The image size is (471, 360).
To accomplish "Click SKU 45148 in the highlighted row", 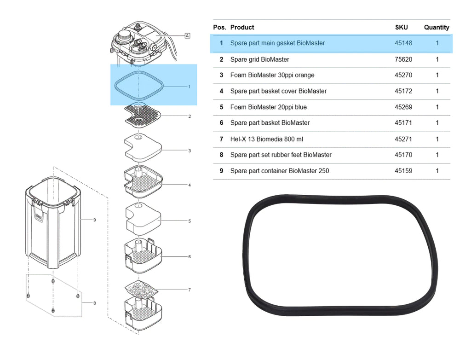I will (x=403, y=43).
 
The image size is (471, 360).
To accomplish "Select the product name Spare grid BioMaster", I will (x=259, y=59).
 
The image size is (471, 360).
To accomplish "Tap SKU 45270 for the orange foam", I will (x=403, y=75).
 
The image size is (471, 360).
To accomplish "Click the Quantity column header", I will (x=437, y=28).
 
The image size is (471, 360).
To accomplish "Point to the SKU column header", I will (x=401, y=28).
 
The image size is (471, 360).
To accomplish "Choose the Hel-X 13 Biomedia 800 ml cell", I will (x=266, y=139).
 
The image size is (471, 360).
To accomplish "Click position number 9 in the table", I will (x=221, y=171).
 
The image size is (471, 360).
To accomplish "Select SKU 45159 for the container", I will (x=403, y=171).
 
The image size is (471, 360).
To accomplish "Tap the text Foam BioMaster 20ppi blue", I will (x=268, y=107).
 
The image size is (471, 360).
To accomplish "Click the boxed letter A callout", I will (x=187, y=35).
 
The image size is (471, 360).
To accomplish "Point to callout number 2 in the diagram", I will (x=190, y=116).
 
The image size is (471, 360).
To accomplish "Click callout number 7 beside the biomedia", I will (x=190, y=290).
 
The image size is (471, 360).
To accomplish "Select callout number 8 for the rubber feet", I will (x=94, y=303).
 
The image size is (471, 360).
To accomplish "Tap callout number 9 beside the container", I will (x=94, y=220).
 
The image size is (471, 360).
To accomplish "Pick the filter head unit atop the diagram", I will (x=138, y=44).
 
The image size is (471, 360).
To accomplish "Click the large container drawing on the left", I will (x=53, y=221).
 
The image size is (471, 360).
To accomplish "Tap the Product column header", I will (x=242, y=28).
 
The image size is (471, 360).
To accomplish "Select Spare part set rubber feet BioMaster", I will (x=281, y=155).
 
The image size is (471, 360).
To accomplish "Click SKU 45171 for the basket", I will (x=403, y=123).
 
